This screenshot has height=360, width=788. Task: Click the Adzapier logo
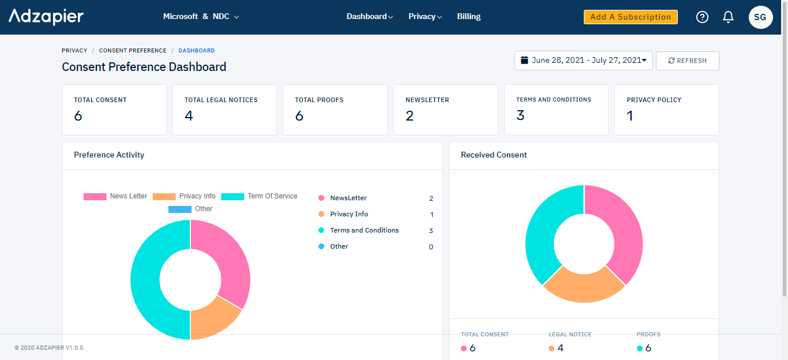(x=46, y=17)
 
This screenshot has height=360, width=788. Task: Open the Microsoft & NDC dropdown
(x=201, y=17)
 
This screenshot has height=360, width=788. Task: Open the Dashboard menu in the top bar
(x=369, y=17)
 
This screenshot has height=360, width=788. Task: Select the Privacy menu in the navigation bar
(x=425, y=17)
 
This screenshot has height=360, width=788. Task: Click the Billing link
(x=468, y=17)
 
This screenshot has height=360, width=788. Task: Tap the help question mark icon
(x=702, y=17)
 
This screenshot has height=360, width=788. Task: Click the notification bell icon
(x=728, y=17)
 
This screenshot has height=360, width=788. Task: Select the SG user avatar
(x=760, y=17)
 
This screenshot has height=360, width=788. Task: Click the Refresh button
(x=687, y=61)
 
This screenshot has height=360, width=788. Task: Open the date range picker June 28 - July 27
(x=583, y=61)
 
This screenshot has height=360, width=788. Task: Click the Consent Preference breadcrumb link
(x=133, y=51)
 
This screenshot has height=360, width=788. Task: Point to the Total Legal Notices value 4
(x=189, y=116)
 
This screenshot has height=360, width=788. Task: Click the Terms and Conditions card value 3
(x=520, y=115)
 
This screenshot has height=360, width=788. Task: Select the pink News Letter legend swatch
(x=95, y=197)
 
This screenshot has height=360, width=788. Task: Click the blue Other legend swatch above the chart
(x=179, y=209)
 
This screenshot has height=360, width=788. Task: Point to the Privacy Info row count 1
(x=431, y=215)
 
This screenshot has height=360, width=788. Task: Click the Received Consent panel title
(x=494, y=155)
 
